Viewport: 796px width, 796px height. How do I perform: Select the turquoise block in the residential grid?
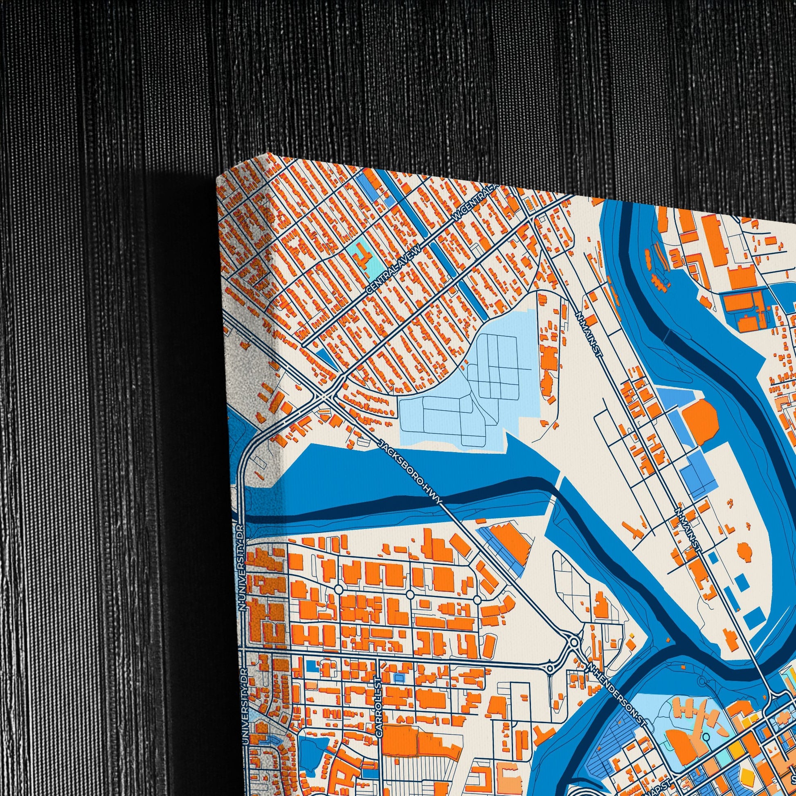pyautogui.click(x=361, y=255)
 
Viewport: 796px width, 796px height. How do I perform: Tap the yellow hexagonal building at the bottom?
pyautogui.click(x=747, y=774)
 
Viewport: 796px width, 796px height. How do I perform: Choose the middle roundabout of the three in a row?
pyautogui.click(x=409, y=594)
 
